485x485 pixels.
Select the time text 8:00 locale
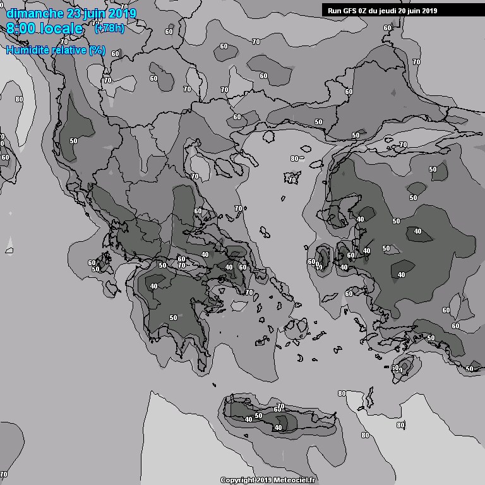[x=45, y=29]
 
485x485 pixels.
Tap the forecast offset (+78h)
[x=109, y=28]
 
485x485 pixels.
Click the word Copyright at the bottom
[x=237, y=480]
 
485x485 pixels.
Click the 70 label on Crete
[x=281, y=406]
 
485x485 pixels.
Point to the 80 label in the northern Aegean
[x=294, y=158]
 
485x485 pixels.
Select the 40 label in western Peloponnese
[x=154, y=286]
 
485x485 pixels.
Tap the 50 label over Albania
[x=74, y=141]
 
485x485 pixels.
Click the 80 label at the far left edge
[x=19, y=99]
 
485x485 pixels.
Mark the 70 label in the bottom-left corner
[x=4, y=474]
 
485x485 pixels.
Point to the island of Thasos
[x=268, y=135]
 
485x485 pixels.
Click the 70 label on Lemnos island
[x=292, y=179]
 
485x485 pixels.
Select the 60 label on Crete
[x=277, y=410]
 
